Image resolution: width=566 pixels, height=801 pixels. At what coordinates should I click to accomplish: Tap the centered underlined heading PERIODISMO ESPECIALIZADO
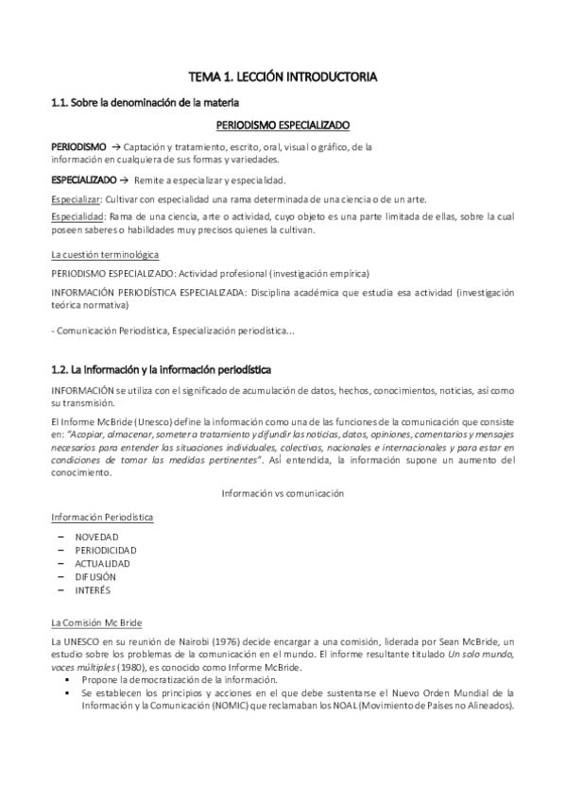click(x=283, y=124)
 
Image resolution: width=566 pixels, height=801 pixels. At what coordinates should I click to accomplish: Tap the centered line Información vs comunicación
click(x=282, y=493)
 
